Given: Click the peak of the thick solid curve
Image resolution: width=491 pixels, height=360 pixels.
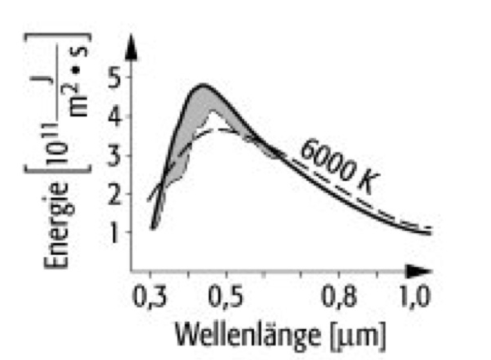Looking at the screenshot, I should pos(203,85).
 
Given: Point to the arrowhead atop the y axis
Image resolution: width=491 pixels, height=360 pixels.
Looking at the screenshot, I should pos(131,45).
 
